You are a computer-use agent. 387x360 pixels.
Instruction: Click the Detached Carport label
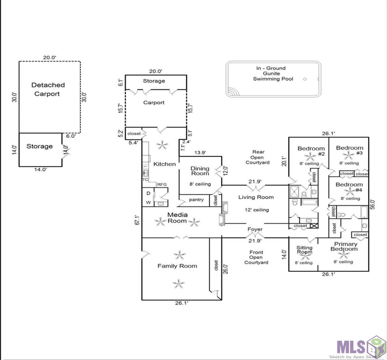(48, 89)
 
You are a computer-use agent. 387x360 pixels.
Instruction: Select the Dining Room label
(200, 171)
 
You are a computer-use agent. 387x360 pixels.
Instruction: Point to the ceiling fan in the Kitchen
(163, 145)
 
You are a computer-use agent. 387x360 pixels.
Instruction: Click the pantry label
(196, 200)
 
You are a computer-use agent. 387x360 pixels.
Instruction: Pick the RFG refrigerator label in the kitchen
(162, 184)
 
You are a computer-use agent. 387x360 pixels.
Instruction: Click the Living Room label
(256, 197)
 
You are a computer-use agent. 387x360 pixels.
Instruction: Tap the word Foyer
(255, 229)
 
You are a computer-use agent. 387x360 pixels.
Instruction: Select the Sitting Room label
(304, 250)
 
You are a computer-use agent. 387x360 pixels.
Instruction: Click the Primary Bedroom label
(344, 246)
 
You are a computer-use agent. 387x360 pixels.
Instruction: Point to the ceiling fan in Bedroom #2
(310, 156)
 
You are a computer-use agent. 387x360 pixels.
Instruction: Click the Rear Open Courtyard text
(258, 157)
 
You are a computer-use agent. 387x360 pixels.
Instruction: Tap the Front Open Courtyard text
(256, 257)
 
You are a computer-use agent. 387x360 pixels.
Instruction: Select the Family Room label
(177, 266)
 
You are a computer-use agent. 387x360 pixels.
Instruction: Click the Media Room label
(177, 218)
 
